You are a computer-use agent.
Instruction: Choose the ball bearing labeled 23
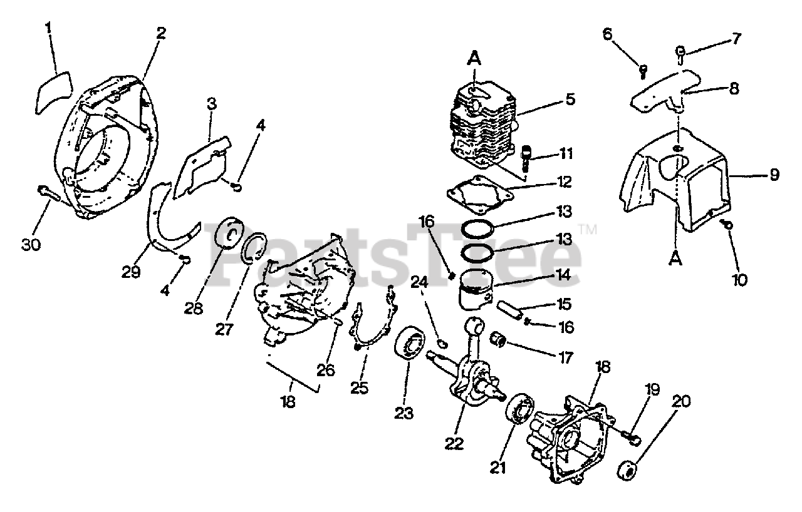click(410, 346)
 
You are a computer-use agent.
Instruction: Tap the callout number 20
click(681, 401)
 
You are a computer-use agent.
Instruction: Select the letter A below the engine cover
click(675, 258)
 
